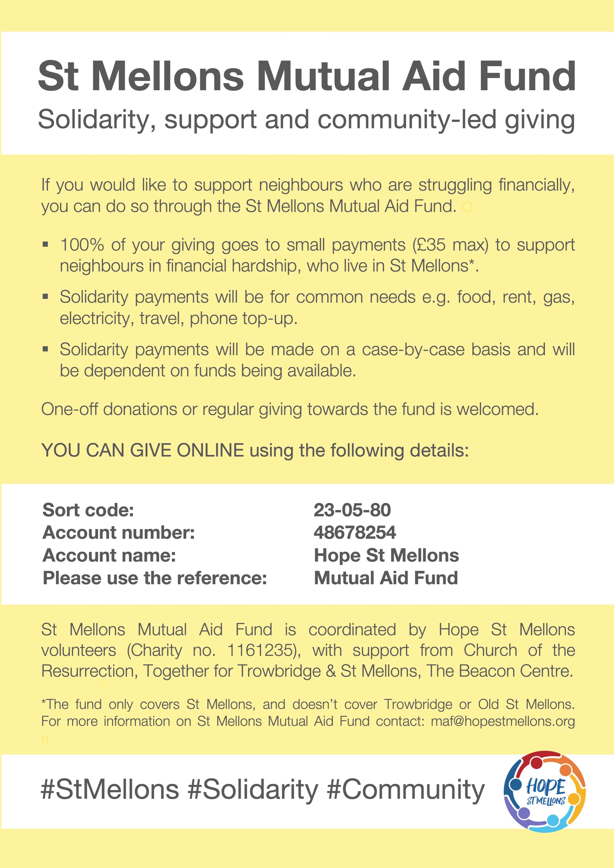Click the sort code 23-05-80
(x=352, y=510)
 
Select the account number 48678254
(x=354, y=533)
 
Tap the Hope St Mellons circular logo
(x=545, y=792)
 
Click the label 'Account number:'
(x=119, y=533)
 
